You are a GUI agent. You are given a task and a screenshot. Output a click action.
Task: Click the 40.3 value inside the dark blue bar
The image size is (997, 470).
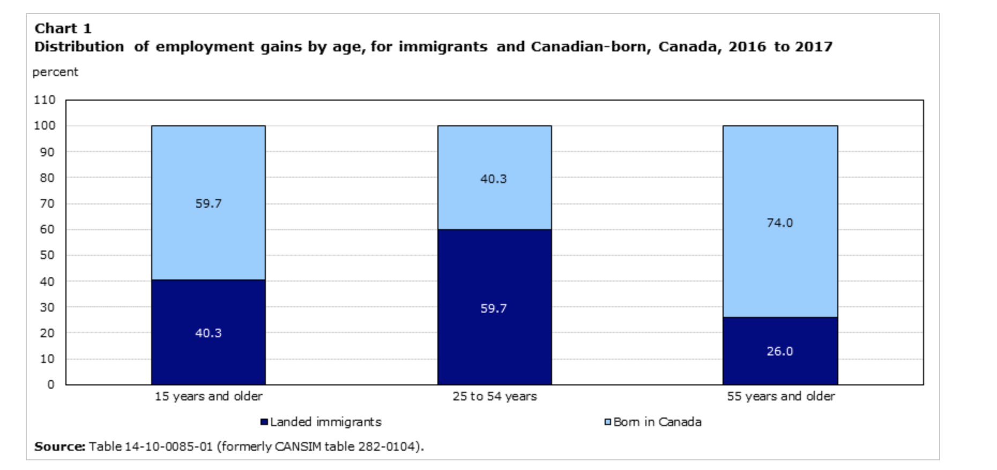pyautogui.click(x=209, y=333)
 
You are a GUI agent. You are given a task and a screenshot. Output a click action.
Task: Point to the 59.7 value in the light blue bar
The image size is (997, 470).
pyautogui.click(x=209, y=203)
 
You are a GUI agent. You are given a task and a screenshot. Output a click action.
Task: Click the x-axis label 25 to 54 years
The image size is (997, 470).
pyautogui.click(x=494, y=396)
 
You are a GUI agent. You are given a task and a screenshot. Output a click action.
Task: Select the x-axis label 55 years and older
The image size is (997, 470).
pyautogui.click(x=780, y=396)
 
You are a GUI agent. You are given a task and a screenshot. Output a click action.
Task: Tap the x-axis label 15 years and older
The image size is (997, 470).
pyautogui.click(x=209, y=396)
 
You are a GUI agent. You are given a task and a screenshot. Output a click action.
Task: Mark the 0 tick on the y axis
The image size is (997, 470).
pyautogui.click(x=51, y=384)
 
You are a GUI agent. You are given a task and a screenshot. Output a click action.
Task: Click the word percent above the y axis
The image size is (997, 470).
pyautogui.click(x=55, y=72)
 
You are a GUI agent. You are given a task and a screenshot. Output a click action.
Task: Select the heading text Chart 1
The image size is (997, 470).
pyautogui.click(x=63, y=28)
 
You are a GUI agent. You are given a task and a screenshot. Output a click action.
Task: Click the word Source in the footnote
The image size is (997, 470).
pyautogui.click(x=59, y=446)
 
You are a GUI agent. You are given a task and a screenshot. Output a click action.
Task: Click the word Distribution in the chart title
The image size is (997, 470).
pyautogui.click(x=79, y=47)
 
